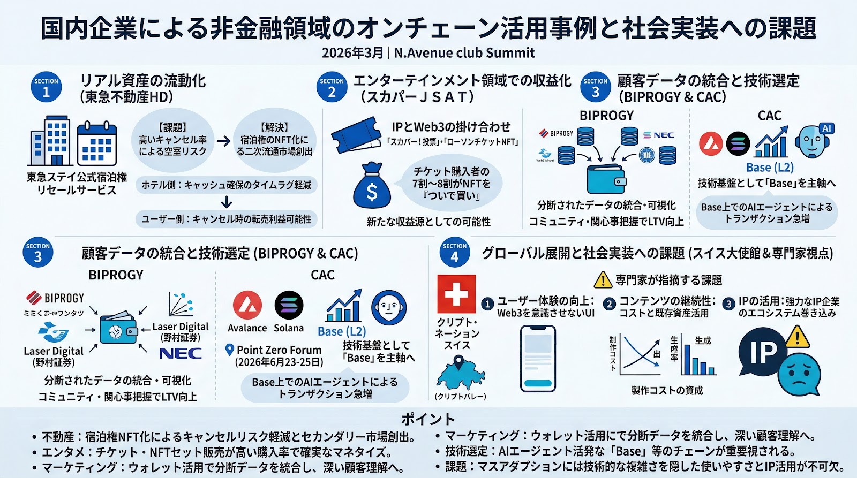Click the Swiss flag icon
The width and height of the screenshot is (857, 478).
pos(456,294)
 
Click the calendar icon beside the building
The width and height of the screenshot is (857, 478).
pos(96,144)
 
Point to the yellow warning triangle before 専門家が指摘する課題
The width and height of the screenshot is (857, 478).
pos(603,280)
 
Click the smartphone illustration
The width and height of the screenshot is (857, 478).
pos(537,359)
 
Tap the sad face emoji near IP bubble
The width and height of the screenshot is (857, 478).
pos(799,373)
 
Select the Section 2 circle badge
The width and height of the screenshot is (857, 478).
pos(332,88)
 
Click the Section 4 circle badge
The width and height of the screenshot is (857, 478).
pos(455,252)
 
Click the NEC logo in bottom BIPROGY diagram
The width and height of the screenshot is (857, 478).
pos(181,353)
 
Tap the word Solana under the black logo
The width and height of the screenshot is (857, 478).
pos(289,328)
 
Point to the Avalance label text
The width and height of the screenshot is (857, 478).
pos(247,328)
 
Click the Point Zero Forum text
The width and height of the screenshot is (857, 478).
pos(279,350)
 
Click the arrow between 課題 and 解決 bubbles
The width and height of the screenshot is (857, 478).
pos(223,141)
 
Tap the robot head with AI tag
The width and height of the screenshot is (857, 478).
pos(812,141)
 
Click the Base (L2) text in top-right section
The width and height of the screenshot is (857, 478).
pos(770,168)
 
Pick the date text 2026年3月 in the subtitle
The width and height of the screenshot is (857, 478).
pos(352,53)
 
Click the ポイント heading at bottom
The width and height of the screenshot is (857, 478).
pos(428,419)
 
